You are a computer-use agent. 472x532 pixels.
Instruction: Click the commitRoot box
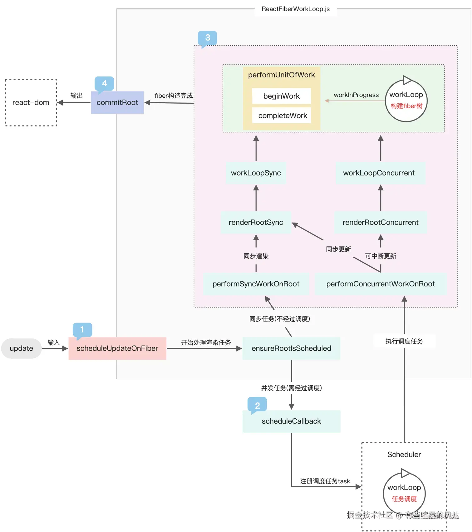point(117,102)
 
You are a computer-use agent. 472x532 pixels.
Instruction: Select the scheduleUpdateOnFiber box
point(117,348)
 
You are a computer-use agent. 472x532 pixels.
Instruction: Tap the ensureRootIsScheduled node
point(291,348)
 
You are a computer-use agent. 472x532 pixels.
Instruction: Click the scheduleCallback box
point(291,421)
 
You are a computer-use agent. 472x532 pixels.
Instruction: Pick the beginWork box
point(282,96)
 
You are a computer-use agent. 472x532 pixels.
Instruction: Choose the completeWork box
point(282,116)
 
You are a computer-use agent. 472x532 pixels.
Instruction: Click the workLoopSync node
point(256,173)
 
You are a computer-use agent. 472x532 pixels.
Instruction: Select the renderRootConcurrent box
point(380,222)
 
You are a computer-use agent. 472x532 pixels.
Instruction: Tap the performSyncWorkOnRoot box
point(256,284)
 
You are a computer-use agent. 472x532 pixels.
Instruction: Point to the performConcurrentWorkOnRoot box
point(380,284)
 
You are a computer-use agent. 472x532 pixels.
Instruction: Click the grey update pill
point(21,348)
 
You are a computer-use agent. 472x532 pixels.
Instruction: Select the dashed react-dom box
point(31,102)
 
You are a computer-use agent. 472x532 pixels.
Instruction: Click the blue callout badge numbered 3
point(208,38)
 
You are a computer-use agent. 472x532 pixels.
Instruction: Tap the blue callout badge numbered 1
point(82,330)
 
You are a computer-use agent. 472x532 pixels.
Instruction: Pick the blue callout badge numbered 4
point(104,83)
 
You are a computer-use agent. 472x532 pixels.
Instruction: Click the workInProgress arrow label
point(356,95)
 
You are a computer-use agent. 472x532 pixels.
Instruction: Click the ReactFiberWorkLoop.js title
point(296,9)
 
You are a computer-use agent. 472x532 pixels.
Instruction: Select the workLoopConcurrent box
point(379,173)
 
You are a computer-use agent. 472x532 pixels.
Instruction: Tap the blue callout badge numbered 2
point(257,405)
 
